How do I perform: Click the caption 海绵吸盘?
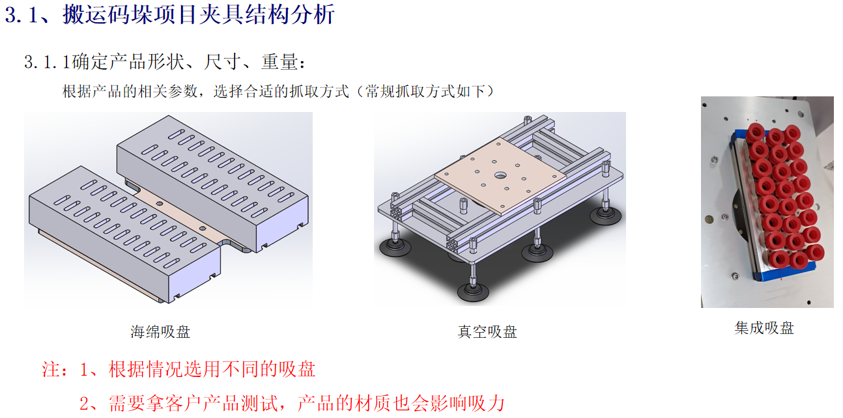tap(160, 332)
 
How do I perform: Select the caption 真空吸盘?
tap(487, 332)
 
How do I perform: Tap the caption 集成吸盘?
tap(764, 328)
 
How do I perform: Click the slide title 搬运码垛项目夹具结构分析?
tap(199, 15)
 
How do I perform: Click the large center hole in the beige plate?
tap(500, 175)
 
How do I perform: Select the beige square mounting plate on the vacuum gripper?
tap(500, 176)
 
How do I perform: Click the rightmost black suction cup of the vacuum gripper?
tap(605, 216)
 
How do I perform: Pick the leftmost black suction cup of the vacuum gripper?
tap(395, 247)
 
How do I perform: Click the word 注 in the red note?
tap(51, 369)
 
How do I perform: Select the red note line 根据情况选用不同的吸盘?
tap(212, 369)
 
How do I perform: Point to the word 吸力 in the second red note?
tap(485, 404)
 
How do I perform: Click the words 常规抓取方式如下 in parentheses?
tap(425, 91)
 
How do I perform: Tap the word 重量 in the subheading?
tap(279, 62)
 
